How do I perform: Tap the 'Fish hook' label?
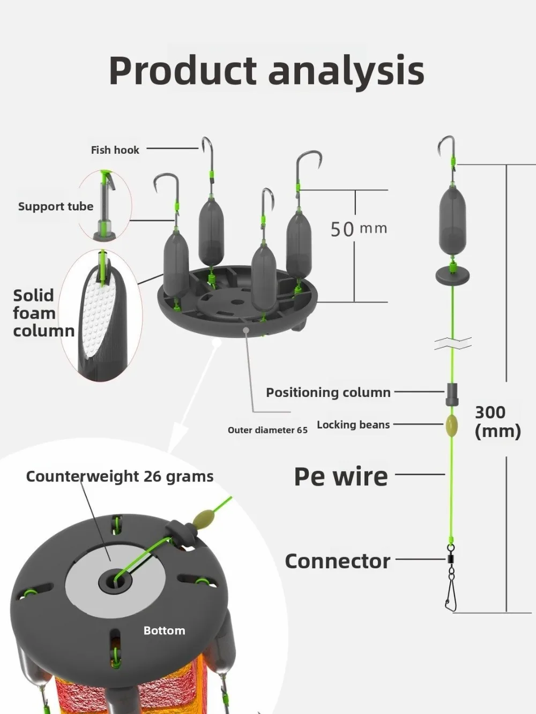pyautogui.click(x=115, y=150)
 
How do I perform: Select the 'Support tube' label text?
pyautogui.click(x=56, y=207)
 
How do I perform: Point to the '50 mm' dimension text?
pyautogui.click(x=358, y=229)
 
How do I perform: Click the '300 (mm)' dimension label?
pyautogui.click(x=497, y=422)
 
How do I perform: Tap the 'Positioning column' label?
pyautogui.click(x=328, y=393)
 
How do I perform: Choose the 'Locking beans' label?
pyautogui.click(x=353, y=425)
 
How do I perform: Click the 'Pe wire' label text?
pyautogui.click(x=341, y=476)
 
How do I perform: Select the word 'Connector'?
pyautogui.click(x=338, y=561)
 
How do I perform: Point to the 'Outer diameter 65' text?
pyautogui.click(x=267, y=430)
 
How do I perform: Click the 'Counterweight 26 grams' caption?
pyautogui.click(x=120, y=476)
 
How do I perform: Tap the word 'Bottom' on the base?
pyautogui.click(x=164, y=630)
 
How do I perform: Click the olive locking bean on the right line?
pyautogui.click(x=452, y=426)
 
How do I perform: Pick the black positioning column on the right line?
pyautogui.click(x=452, y=394)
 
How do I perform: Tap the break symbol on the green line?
pyautogui.click(x=453, y=343)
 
